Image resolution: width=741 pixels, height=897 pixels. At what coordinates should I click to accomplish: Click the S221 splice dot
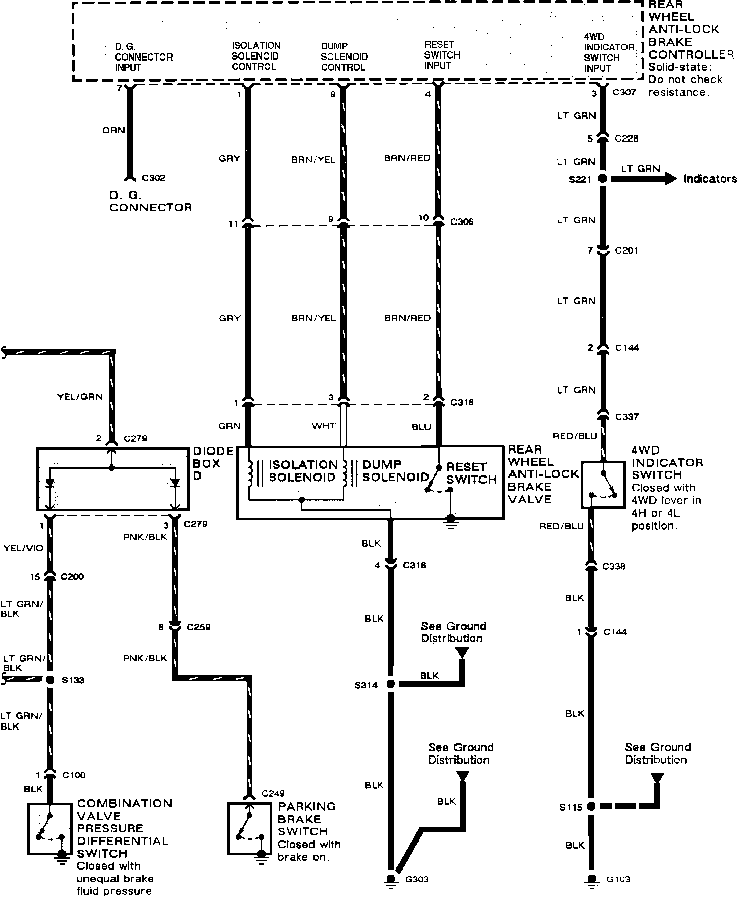(x=603, y=179)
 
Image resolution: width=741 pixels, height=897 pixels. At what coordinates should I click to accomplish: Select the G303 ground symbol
(x=391, y=879)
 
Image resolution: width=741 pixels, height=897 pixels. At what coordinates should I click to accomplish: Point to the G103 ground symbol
(x=591, y=880)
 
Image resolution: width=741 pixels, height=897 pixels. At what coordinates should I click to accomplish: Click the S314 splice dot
(x=391, y=684)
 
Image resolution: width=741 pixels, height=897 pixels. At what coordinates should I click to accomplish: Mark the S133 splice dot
(x=50, y=680)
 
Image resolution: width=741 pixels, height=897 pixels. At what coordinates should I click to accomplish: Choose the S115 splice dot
(x=591, y=806)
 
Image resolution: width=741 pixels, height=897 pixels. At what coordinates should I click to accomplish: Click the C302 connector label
(x=154, y=178)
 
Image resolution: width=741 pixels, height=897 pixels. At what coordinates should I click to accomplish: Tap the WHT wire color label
(x=324, y=426)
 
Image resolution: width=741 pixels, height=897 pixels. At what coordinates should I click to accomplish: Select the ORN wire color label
(x=113, y=130)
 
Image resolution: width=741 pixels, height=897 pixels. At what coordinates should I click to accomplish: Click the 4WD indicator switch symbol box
(x=603, y=484)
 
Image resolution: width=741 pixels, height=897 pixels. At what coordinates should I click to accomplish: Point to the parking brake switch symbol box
(x=249, y=829)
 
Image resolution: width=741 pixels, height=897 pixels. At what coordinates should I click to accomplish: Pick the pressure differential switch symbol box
(x=49, y=829)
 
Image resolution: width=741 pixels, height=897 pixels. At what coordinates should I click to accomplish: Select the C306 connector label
(x=462, y=222)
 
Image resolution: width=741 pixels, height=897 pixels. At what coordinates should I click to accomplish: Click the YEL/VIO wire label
(x=23, y=548)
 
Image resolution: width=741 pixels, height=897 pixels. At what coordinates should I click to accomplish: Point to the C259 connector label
(x=198, y=627)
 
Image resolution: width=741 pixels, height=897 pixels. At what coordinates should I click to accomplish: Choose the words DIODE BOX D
(x=207, y=463)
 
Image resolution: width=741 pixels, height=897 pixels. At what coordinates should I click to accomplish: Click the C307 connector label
(x=624, y=93)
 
